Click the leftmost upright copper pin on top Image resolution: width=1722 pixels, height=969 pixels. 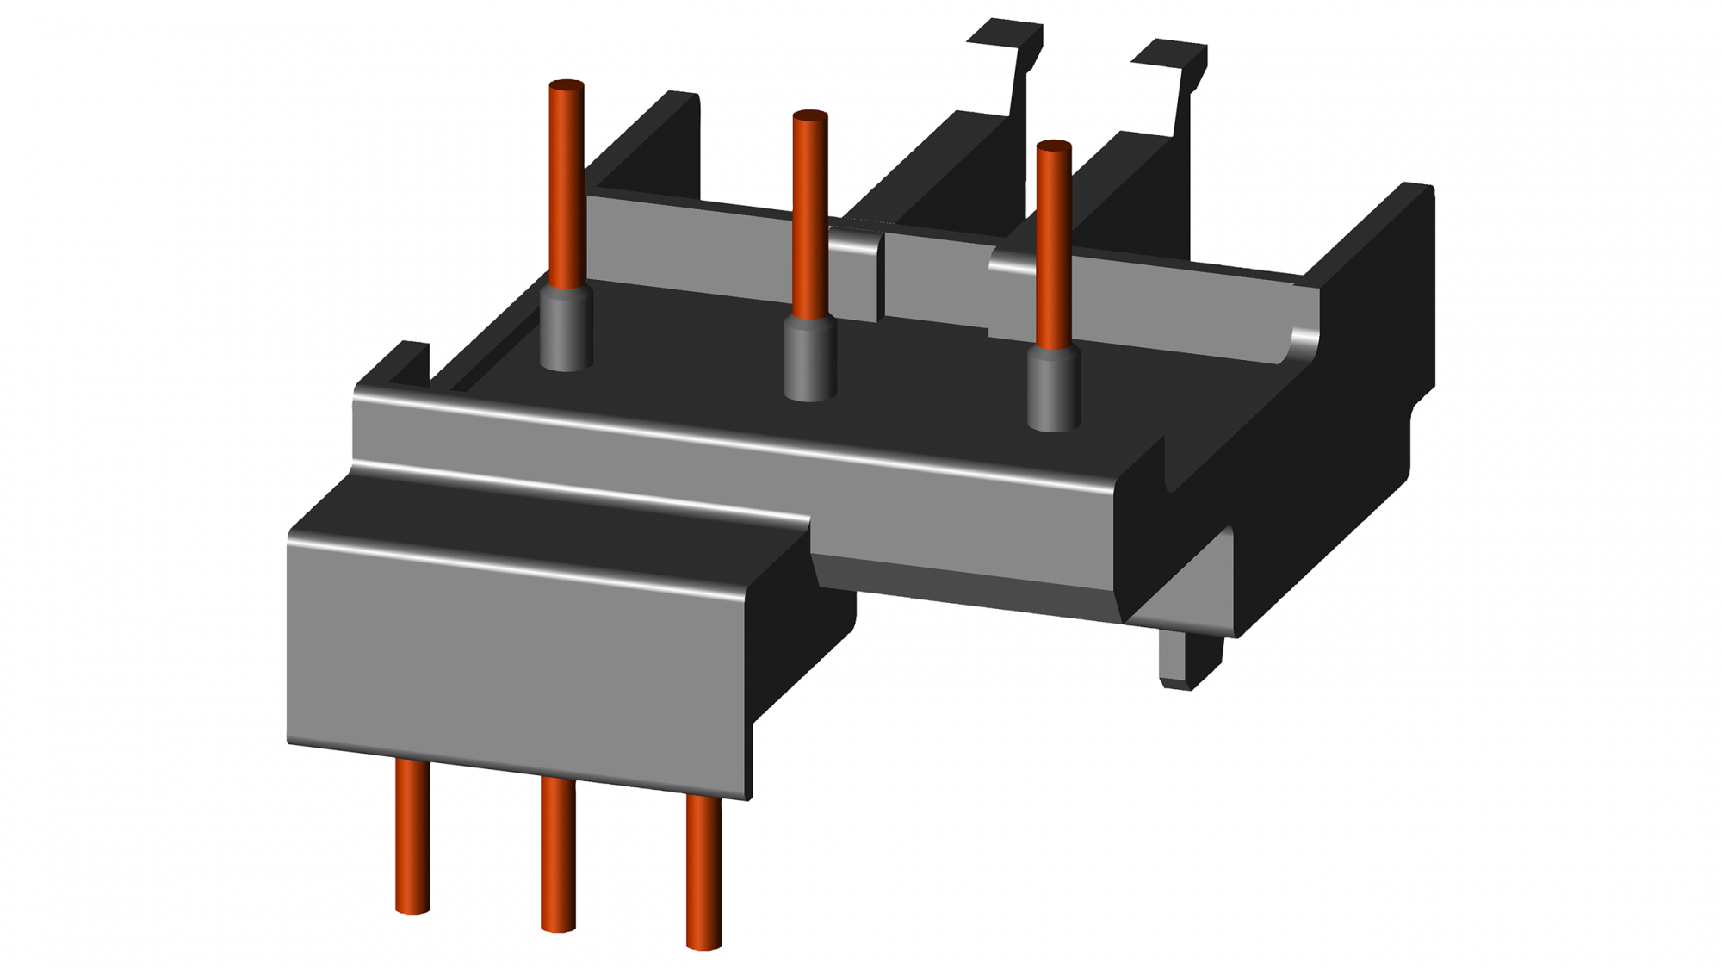[566, 185]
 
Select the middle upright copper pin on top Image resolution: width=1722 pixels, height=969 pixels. [809, 215]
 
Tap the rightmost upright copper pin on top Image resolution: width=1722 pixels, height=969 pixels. [1054, 245]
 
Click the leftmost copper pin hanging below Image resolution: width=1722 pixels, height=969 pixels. [412, 835]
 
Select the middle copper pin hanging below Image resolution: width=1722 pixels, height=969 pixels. [558, 853]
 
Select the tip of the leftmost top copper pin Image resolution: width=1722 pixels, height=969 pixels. [566, 85]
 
